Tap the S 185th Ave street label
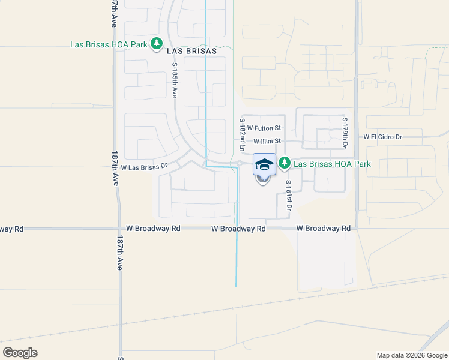(x=175, y=80)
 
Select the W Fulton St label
(x=264, y=128)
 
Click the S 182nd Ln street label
(x=243, y=134)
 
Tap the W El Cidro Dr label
(x=391, y=137)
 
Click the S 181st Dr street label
(x=289, y=195)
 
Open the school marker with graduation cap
(x=264, y=164)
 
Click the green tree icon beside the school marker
(x=285, y=163)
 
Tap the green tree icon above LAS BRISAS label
(x=157, y=43)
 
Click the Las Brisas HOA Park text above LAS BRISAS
(x=108, y=44)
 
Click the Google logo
(x=20, y=353)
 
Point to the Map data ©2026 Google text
(x=411, y=355)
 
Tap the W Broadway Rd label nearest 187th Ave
(x=154, y=229)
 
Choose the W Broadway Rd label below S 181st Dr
(x=324, y=229)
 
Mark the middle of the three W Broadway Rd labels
(x=238, y=229)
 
